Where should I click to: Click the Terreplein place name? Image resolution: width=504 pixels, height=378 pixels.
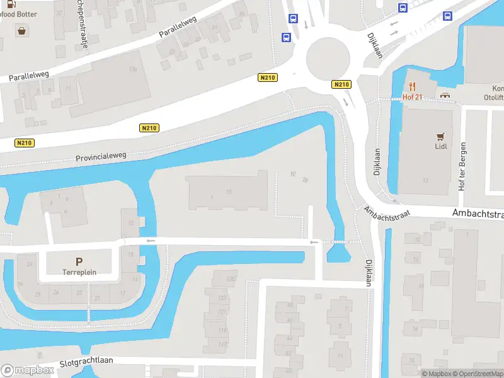pyautogui.click(x=79, y=273)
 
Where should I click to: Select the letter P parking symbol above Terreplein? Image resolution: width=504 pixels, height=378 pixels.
pyautogui.click(x=79, y=261)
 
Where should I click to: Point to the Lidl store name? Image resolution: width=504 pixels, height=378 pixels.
pyautogui.click(x=441, y=146)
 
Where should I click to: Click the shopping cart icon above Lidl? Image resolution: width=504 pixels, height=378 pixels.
pyautogui.click(x=441, y=135)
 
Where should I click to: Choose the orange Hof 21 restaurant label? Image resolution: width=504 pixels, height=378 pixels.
pyautogui.click(x=413, y=96)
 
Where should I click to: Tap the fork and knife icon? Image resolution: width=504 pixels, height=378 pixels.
pyautogui.click(x=413, y=86)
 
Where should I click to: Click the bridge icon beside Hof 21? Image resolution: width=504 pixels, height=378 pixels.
pyautogui.click(x=446, y=96)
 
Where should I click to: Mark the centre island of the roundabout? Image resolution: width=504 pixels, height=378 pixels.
pyautogui.click(x=328, y=58)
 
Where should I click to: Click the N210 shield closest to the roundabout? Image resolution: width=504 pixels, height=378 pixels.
pyautogui.click(x=341, y=84)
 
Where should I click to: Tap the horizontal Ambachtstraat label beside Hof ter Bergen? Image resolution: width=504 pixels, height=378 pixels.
pyautogui.click(x=478, y=214)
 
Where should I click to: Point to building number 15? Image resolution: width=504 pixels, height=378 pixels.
pyautogui.click(x=229, y=191)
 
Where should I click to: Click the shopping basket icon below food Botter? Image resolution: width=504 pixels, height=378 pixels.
pyautogui.click(x=23, y=30)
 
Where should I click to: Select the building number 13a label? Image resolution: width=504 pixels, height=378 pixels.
pyautogui.click(x=132, y=68)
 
